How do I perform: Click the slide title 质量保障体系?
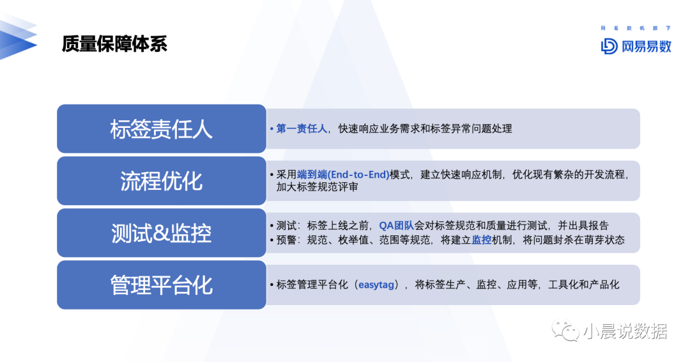click(x=114, y=44)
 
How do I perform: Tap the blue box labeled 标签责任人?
click(x=162, y=129)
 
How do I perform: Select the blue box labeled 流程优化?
click(x=162, y=180)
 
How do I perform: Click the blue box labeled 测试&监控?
click(x=162, y=233)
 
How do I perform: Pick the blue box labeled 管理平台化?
click(x=162, y=285)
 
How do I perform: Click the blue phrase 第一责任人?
click(x=302, y=129)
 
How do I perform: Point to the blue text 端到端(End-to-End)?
click(x=343, y=175)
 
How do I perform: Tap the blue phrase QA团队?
click(x=397, y=226)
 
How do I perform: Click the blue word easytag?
click(x=376, y=285)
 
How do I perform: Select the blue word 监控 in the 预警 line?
click(x=482, y=240)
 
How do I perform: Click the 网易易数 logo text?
click(x=647, y=46)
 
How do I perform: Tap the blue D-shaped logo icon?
click(x=609, y=46)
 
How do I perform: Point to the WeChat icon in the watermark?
click(x=565, y=330)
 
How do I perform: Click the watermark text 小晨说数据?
click(x=625, y=331)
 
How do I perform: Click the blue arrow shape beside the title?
click(x=19, y=37)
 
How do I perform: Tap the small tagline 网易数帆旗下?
click(x=636, y=28)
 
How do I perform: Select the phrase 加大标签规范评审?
click(x=317, y=187)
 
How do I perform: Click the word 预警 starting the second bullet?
click(x=286, y=240)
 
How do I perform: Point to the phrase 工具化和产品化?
click(x=583, y=285)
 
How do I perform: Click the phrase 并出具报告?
click(x=583, y=226)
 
